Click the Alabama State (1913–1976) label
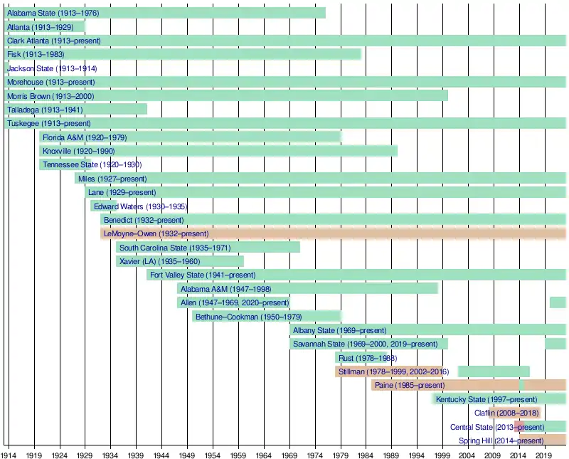(x=53, y=14)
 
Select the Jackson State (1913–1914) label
(x=52, y=68)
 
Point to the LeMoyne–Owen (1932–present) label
(x=156, y=233)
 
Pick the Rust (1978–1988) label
(x=368, y=358)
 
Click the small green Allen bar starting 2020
(x=558, y=302)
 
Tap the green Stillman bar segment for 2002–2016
(x=494, y=371)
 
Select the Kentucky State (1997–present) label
(x=486, y=399)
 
